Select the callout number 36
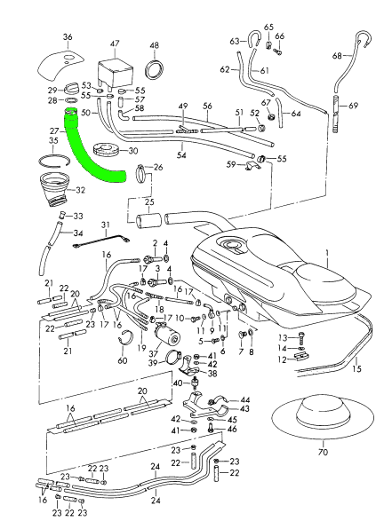pos(68,36)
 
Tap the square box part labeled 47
pos(115,74)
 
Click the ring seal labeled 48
pos(155,69)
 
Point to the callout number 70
pos(323,452)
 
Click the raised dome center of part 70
pos(323,410)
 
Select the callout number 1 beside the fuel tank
pos(327,254)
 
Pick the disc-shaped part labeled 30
pos(106,150)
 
